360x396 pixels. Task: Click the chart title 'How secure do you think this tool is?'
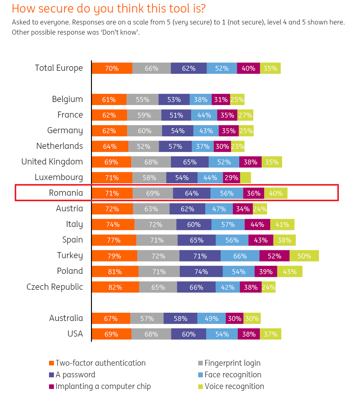click(108, 9)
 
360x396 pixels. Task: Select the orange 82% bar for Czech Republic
click(115, 287)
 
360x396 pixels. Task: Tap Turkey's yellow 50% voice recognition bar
click(304, 256)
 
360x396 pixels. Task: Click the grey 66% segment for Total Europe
click(151, 68)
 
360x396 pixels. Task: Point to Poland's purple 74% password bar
click(201, 271)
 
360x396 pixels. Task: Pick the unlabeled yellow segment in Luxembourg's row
click(245, 178)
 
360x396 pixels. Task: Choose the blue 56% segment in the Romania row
click(227, 193)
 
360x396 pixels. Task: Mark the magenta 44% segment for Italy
click(257, 224)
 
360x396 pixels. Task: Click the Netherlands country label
click(59, 146)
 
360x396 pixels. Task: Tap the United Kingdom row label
click(52, 162)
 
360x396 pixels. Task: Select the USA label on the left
click(75, 334)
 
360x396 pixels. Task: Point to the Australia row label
click(66, 318)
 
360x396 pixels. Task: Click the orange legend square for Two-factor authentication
click(51, 363)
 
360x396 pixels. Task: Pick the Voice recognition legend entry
click(234, 387)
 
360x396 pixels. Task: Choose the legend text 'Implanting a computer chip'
click(103, 387)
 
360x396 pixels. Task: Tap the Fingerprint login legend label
click(232, 363)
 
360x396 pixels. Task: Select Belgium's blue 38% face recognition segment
click(200, 100)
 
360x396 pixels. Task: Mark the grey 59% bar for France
click(144, 115)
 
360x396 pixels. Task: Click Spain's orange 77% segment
click(114, 240)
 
